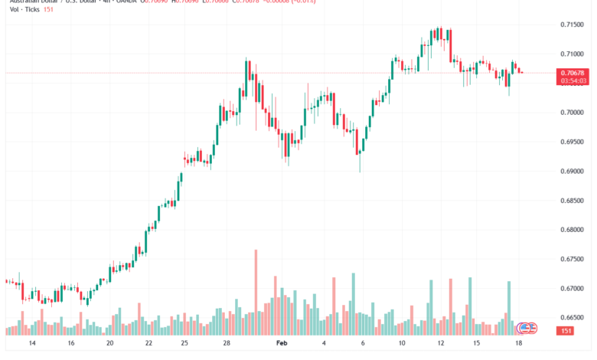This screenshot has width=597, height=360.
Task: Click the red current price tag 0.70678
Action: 573,73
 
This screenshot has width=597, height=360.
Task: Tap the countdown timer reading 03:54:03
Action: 573,80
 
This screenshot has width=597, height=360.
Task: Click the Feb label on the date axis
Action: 282,345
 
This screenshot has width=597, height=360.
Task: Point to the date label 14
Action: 31,345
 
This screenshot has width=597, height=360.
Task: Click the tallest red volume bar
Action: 256,292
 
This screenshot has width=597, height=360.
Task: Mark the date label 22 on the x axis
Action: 148,345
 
